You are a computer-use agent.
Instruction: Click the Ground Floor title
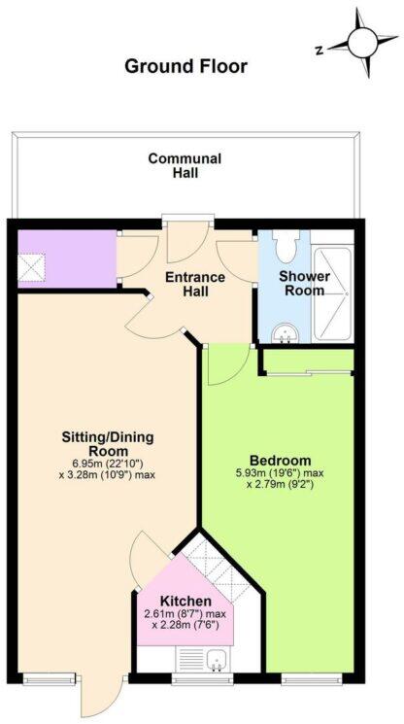pyautogui.click(x=185, y=67)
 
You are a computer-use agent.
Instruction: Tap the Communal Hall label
pyautogui.click(x=185, y=166)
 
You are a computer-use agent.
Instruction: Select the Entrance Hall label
pyautogui.click(x=194, y=285)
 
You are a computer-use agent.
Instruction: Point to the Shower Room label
pyautogui.click(x=305, y=284)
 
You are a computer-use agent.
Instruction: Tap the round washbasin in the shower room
pyautogui.click(x=285, y=332)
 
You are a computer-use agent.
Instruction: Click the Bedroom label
pyautogui.click(x=280, y=460)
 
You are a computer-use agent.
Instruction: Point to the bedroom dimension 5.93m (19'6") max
pyautogui.click(x=280, y=474)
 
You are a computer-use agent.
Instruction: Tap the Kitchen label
pyautogui.click(x=185, y=601)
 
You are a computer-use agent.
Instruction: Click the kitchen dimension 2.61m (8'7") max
pyautogui.click(x=185, y=614)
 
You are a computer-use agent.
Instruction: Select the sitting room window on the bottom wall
pyautogui.click(x=45, y=676)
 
